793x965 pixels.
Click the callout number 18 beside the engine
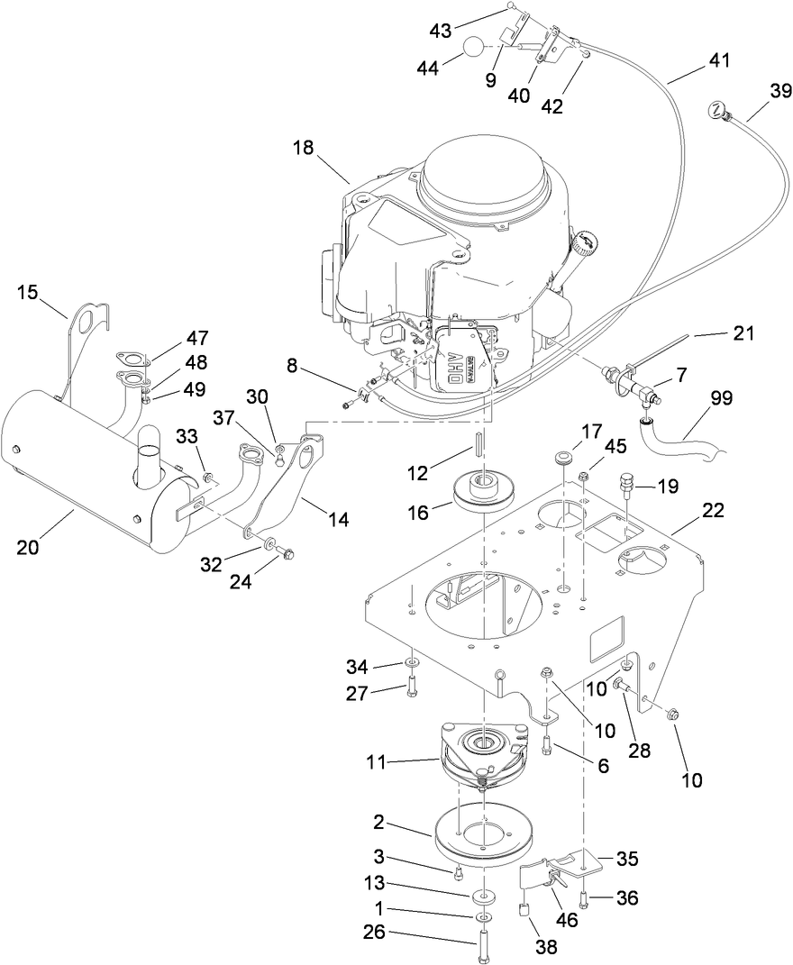[x=303, y=149]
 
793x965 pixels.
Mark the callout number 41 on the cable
[x=718, y=61]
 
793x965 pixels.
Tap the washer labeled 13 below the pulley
[x=487, y=897]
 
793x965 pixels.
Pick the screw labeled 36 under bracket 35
[x=587, y=897]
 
